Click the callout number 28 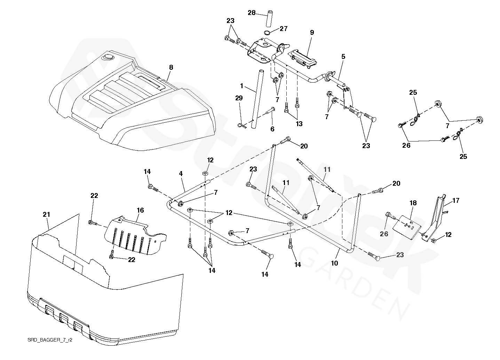pos(252,13)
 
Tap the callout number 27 pos(284,29)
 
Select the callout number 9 pos(312,32)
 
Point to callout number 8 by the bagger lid pos(171,67)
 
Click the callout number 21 pos(46,214)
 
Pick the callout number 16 pos(140,210)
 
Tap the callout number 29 pos(239,98)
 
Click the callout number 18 pos(413,203)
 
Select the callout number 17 pos(455,200)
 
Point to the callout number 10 pos(334,263)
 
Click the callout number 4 pos(181,174)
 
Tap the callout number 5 pos(343,56)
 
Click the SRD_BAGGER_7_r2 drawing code pos(50,340)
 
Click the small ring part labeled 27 pos(267,33)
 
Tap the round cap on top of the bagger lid pos(108,57)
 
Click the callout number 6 pos(272,129)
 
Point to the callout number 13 pos(299,124)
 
